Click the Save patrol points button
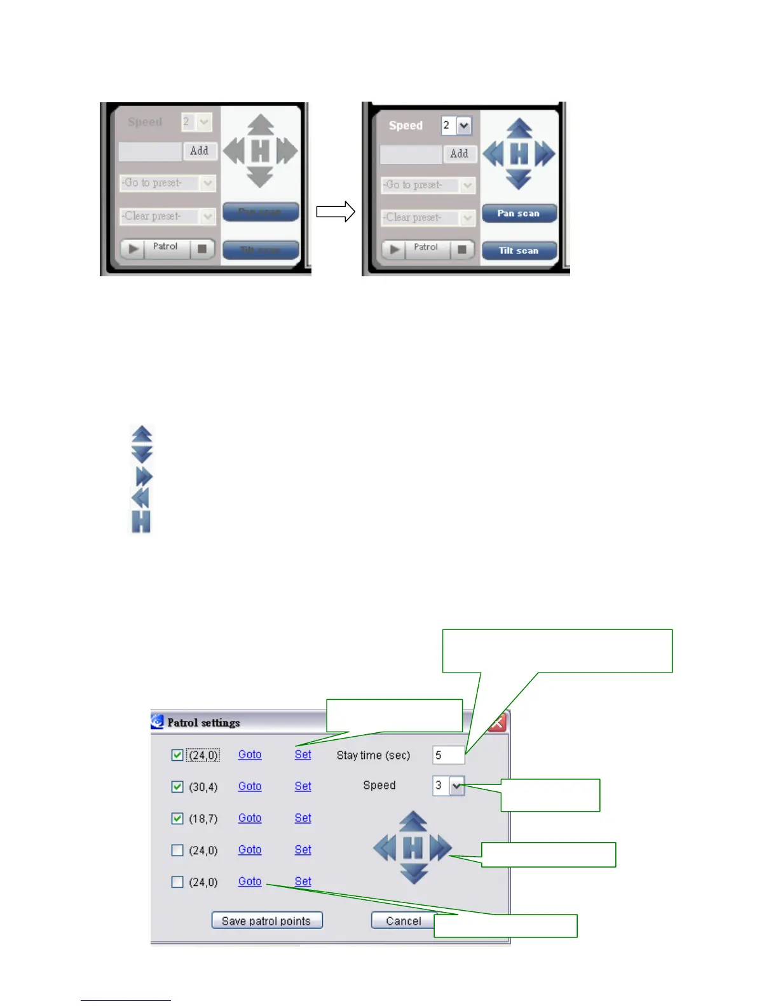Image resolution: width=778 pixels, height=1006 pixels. [x=267, y=920]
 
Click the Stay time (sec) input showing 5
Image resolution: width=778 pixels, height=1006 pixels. [x=447, y=755]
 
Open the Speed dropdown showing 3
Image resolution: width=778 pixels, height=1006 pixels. [x=456, y=786]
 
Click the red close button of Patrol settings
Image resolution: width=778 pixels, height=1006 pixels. [x=497, y=723]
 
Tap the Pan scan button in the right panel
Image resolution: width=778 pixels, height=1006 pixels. [x=519, y=213]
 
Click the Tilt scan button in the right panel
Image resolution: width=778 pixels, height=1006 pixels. [x=519, y=251]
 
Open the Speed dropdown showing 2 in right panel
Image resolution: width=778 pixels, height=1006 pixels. [x=464, y=126]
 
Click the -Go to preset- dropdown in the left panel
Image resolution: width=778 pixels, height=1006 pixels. [x=168, y=183]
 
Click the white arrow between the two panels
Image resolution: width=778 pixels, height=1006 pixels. [x=336, y=212]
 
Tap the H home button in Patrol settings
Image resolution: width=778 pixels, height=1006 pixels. [x=413, y=848]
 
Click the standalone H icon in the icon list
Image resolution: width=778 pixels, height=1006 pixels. [x=141, y=521]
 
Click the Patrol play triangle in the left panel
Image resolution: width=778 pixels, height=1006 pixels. [x=133, y=248]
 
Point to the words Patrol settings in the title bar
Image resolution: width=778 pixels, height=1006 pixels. [x=203, y=723]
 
